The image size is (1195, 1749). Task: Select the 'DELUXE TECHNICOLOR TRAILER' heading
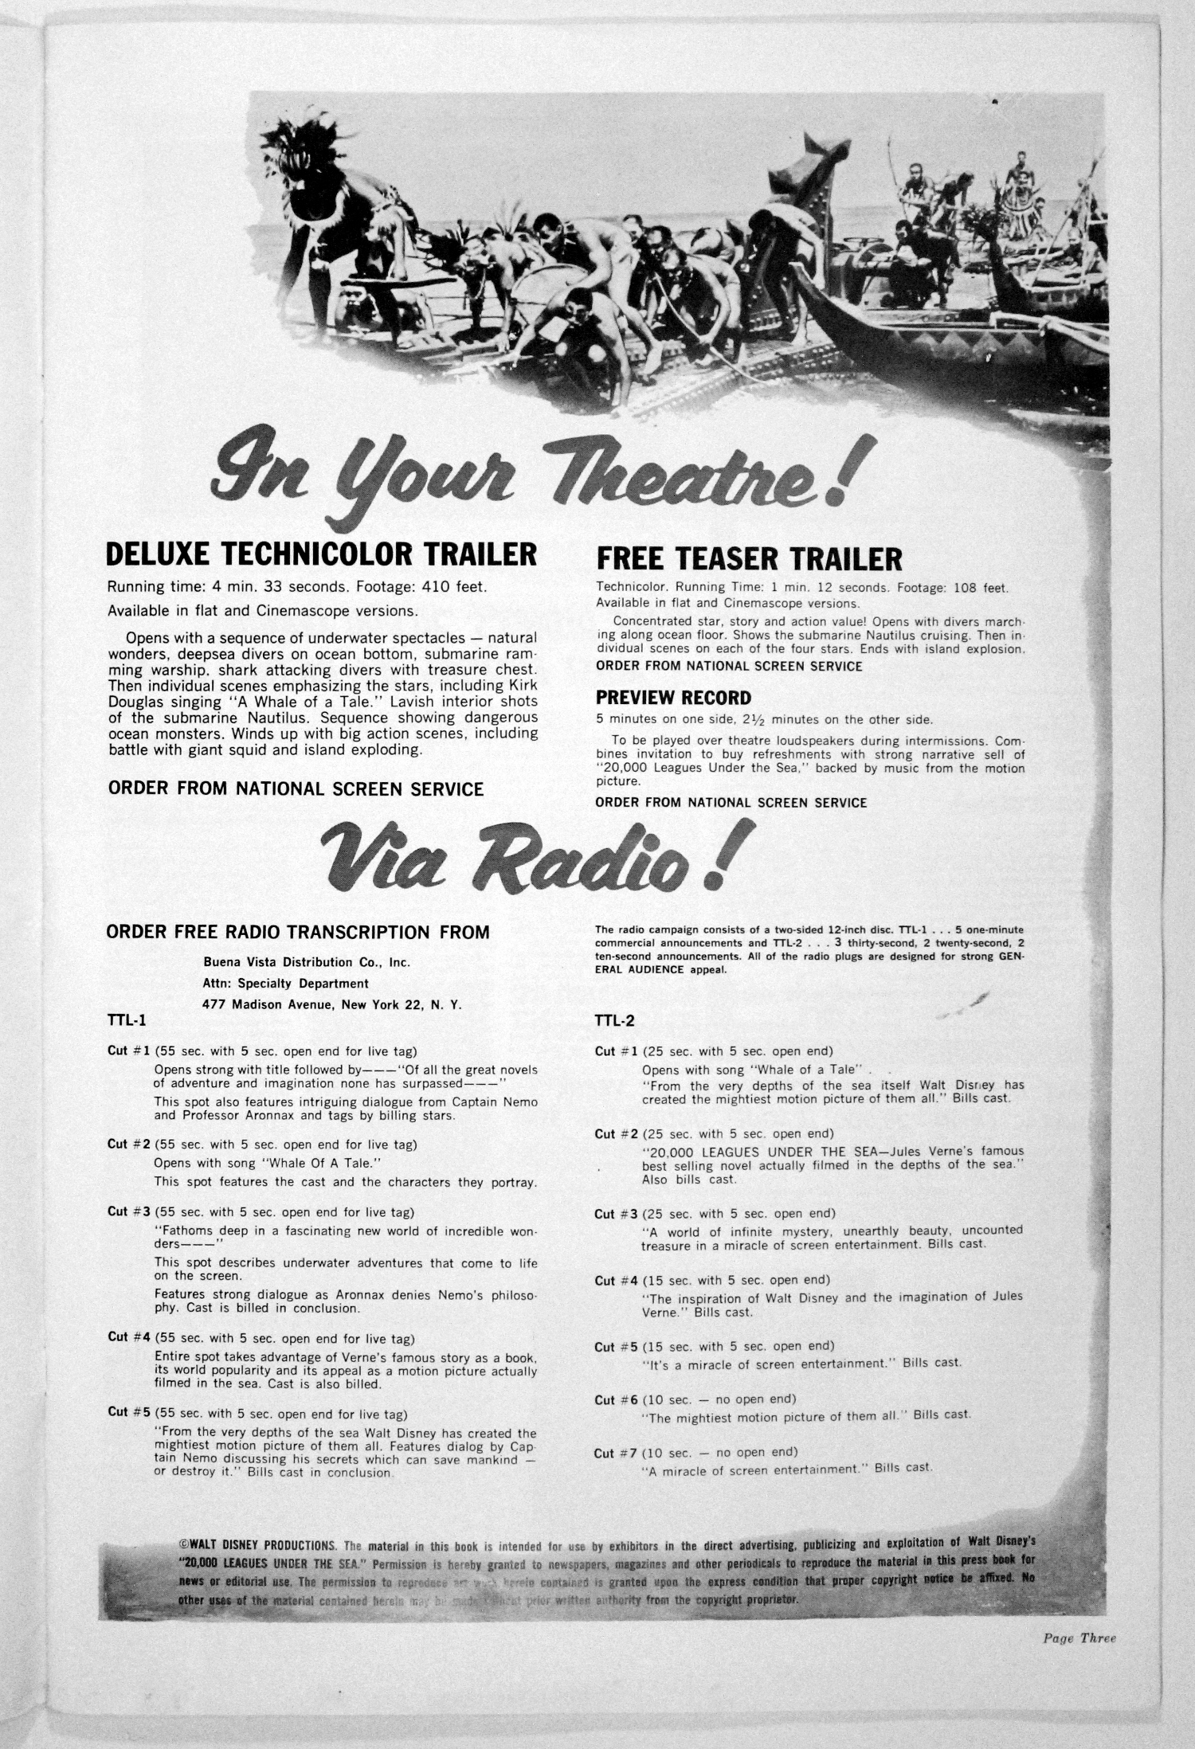(322, 554)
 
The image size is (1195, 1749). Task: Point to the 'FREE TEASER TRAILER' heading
(749, 559)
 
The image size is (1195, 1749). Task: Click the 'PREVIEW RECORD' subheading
(673, 698)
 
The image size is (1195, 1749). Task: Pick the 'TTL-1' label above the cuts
(127, 1020)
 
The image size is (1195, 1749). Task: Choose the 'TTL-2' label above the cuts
(614, 1020)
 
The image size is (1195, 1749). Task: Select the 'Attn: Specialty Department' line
(286, 984)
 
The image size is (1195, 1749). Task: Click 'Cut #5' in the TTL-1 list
(129, 1414)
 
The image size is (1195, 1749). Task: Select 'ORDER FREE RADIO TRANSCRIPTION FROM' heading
(298, 932)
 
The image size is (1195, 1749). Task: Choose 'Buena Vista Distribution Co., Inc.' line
(307, 962)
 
